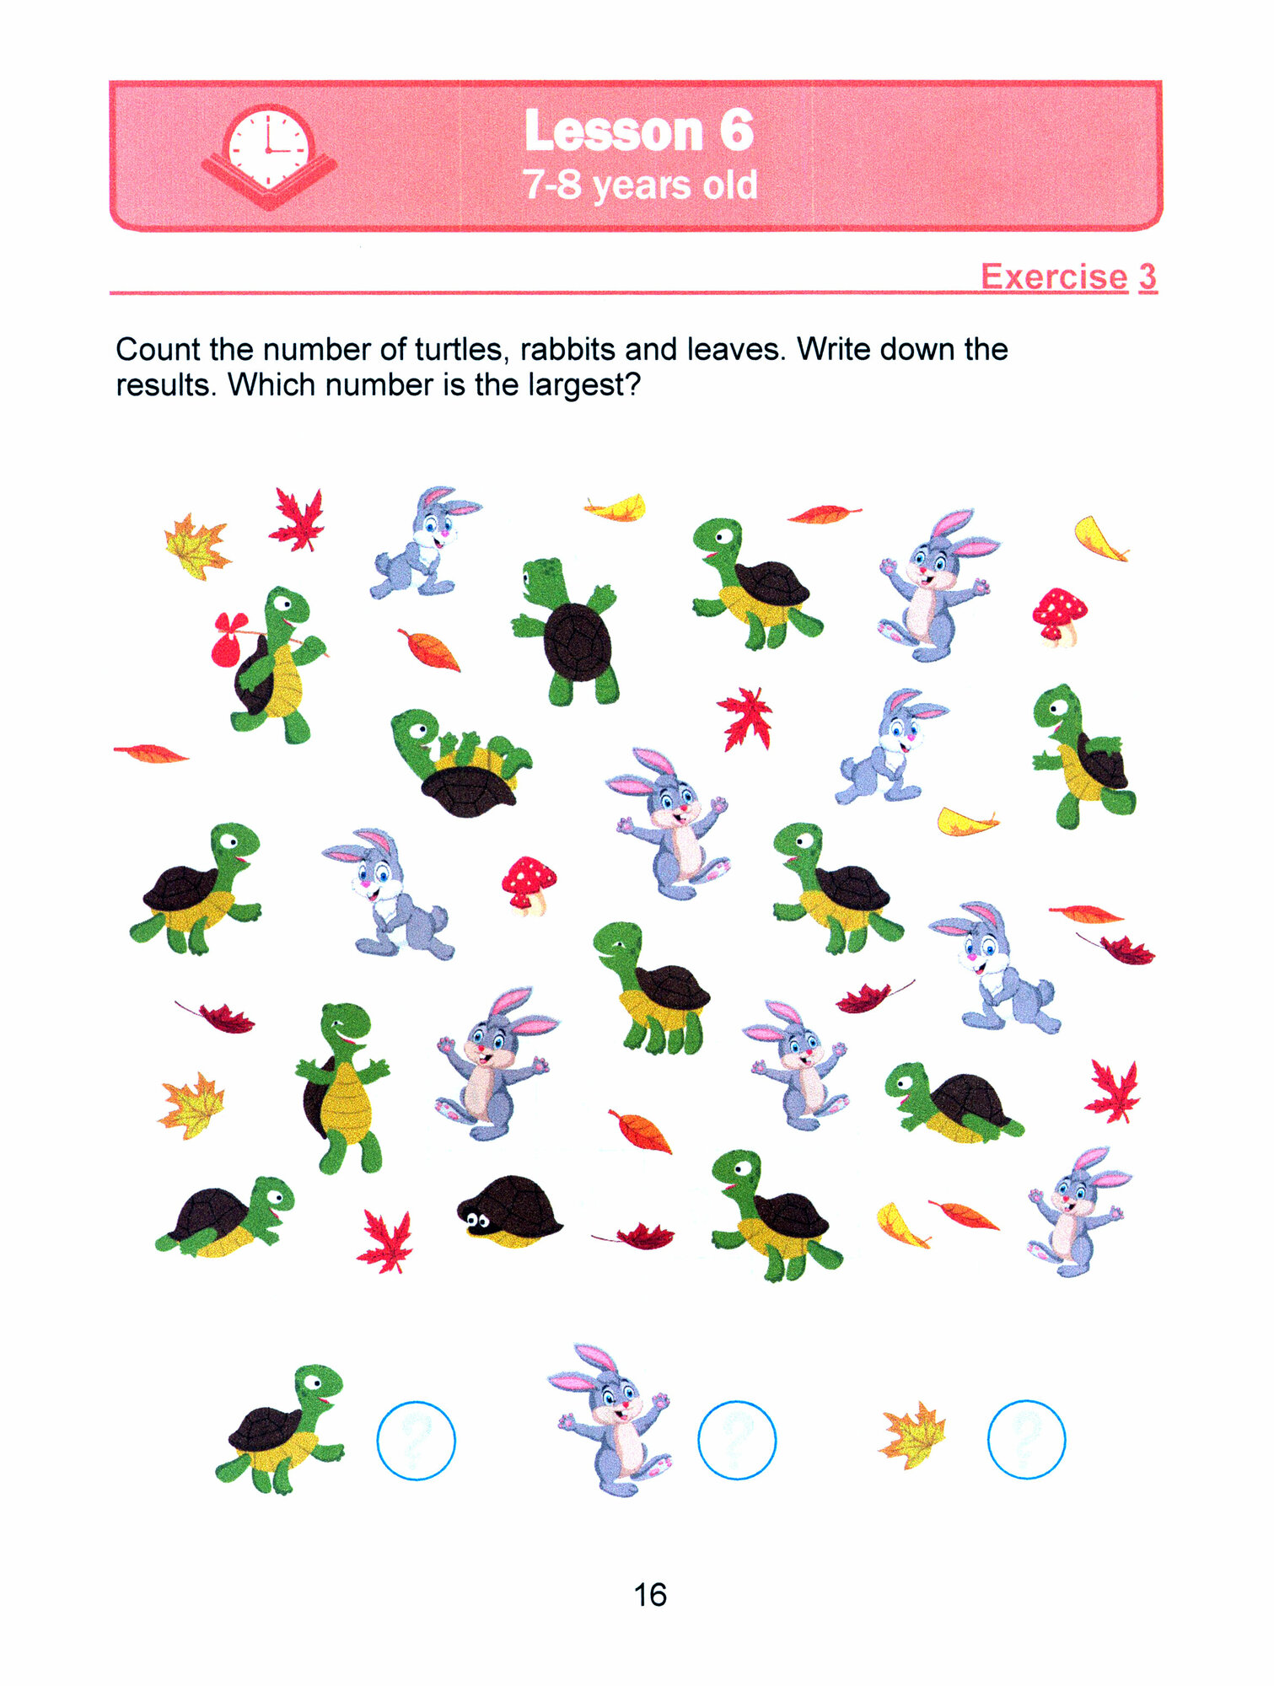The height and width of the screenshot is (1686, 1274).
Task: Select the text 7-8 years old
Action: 639,185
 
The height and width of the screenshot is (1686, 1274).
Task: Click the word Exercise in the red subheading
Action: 1054,277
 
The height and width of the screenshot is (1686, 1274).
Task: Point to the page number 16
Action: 650,1594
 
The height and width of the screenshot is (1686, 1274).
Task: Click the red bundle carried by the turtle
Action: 228,641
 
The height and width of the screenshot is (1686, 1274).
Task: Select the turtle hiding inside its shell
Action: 509,1211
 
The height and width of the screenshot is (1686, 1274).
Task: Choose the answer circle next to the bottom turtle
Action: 416,1440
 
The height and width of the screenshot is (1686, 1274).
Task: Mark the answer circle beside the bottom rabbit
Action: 737,1440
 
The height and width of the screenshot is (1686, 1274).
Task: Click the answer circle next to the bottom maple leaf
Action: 1026,1439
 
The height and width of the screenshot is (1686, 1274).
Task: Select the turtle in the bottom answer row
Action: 280,1430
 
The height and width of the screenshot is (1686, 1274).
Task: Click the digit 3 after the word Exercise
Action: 1148,277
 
